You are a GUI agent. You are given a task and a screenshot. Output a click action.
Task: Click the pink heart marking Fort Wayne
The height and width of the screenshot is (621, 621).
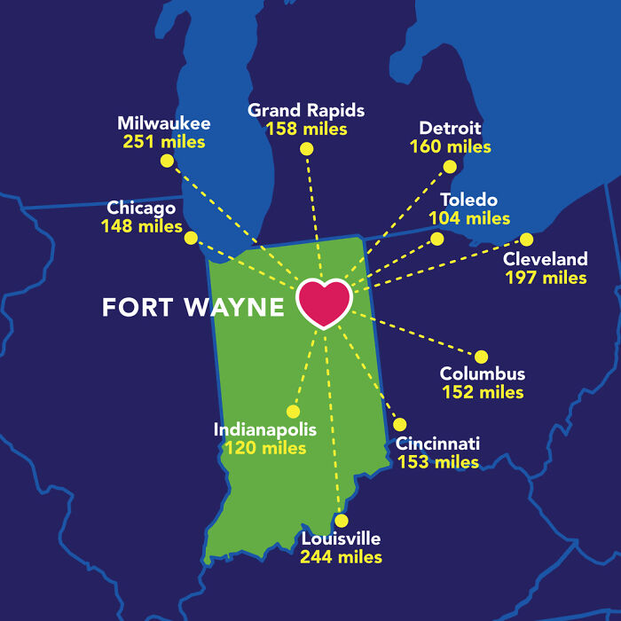[x=324, y=303]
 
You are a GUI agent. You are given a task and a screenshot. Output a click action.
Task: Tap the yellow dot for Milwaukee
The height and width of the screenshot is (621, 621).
[x=166, y=161]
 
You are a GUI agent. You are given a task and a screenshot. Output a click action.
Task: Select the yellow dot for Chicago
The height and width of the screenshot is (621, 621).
[x=191, y=238]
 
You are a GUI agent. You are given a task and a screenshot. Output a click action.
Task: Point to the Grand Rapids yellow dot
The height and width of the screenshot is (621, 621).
[x=306, y=149]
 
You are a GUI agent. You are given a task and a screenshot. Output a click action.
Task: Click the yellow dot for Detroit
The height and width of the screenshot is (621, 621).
[x=450, y=167]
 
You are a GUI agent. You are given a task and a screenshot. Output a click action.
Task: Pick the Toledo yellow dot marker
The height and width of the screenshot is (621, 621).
[x=436, y=238]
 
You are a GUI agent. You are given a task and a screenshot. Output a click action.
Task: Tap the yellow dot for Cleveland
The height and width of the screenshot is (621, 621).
[x=526, y=239]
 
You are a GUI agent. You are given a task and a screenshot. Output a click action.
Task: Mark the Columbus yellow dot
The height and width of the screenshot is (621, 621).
[x=482, y=356]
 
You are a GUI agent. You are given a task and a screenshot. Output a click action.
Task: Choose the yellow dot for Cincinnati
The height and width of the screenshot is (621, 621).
[x=399, y=424]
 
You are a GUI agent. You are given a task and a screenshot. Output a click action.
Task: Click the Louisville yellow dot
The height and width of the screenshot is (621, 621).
[x=341, y=521]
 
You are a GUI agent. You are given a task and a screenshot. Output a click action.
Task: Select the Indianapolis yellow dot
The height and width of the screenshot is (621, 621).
[x=293, y=411]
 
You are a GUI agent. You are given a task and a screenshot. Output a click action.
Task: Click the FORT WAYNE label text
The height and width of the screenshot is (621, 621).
[x=193, y=308]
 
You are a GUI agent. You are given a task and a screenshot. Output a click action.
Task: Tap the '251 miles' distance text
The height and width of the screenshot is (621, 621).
[x=164, y=142]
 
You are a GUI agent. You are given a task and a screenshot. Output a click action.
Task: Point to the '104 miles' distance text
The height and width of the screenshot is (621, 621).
[x=469, y=218]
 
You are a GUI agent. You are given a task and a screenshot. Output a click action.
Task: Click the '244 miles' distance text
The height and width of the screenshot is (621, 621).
[x=341, y=557]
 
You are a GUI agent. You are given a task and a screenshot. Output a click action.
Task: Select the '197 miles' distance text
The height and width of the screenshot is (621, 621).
[x=546, y=278]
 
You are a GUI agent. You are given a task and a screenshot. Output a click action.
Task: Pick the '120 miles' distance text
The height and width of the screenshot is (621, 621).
[x=265, y=448]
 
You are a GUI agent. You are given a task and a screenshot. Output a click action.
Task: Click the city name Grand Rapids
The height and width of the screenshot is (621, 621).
[x=306, y=111]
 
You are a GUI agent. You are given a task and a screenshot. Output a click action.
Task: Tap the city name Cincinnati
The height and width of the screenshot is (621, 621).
[x=438, y=444]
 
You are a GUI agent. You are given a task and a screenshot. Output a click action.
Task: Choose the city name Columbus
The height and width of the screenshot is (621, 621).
[x=483, y=374]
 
